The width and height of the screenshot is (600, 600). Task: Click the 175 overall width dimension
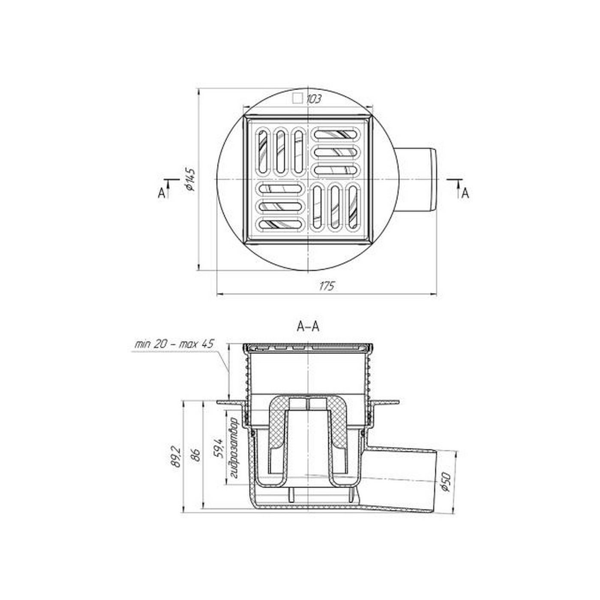pos(327,285)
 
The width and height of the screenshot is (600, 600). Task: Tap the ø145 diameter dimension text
pos(189,180)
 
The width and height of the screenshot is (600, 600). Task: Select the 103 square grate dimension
pos(314,99)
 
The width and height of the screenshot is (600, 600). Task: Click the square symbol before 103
pos(298,99)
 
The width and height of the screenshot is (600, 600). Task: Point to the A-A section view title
pos(308,327)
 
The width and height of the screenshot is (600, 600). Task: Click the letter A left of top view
pos(161,194)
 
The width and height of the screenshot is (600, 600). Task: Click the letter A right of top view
pos(465,194)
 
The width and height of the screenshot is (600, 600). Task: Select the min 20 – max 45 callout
pos(175,344)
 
